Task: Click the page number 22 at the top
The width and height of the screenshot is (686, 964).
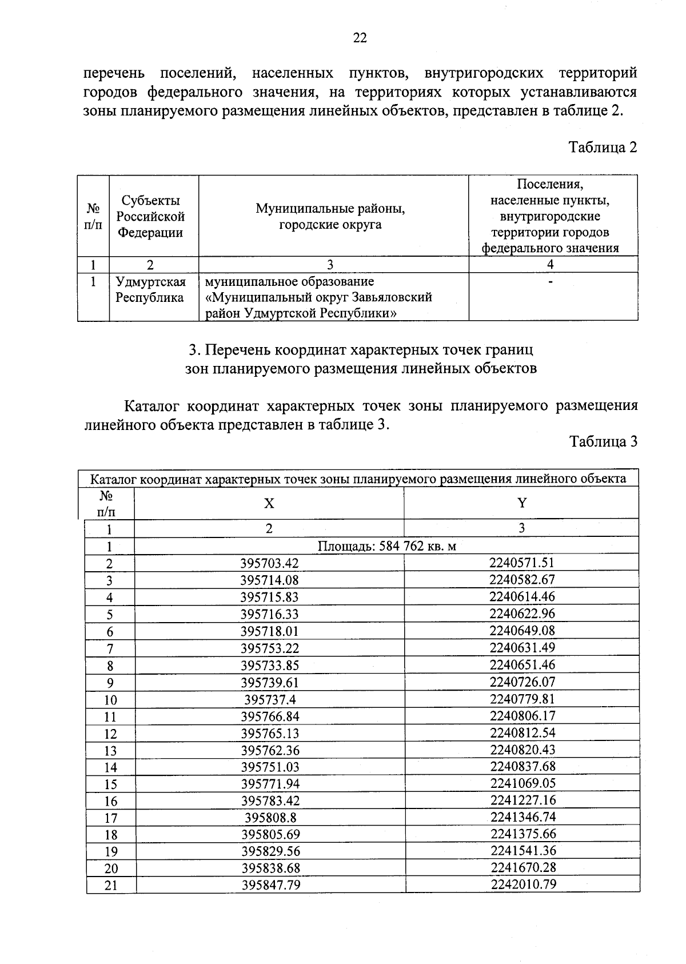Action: pos(360,38)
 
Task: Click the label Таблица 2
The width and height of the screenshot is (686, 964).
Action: pos(602,148)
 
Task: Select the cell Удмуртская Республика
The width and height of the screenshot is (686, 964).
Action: pos(151,290)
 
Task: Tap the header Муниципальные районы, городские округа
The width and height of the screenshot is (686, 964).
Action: pos(330,217)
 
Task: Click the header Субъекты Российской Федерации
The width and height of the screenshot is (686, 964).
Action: pos(151,217)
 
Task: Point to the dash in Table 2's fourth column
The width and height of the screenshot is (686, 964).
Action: pos(550,282)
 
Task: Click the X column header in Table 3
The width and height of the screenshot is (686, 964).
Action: pos(269,503)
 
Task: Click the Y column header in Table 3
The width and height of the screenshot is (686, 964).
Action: pos(521,503)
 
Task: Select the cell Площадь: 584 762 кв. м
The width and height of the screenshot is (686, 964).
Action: pos(386,546)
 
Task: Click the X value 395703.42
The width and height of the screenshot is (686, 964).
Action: pos(269,563)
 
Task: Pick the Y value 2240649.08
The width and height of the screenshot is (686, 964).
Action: pos(522,631)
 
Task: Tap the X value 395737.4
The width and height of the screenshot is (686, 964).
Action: pos(270,700)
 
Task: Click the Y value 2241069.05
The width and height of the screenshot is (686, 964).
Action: pos(523,783)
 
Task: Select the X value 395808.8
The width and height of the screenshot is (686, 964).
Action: pos(270,818)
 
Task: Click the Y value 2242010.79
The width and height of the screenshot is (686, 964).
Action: pos(523,885)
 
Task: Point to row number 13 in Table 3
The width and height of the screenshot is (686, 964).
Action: pos(110,751)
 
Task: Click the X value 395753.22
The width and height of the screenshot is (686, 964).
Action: pos(270,648)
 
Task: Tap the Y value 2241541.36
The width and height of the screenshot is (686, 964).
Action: pos(523,851)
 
